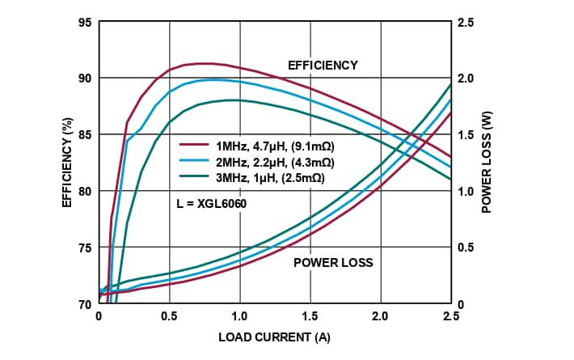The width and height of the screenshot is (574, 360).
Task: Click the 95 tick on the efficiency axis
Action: tap(84, 22)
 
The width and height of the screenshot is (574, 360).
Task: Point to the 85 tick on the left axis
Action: tap(84, 134)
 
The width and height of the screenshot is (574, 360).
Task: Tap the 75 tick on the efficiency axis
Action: tap(84, 248)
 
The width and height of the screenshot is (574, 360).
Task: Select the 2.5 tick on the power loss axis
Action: tap(466, 22)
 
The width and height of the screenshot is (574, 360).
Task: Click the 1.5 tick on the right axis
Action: tap(466, 134)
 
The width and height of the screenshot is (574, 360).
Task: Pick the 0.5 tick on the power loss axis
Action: tap(466, 248)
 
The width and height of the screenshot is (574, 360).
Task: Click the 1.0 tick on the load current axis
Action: tap(239, 316)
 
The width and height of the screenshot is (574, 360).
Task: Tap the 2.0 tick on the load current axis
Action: tap(380, 316)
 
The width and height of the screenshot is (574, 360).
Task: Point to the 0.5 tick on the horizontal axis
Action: tap(169, 316)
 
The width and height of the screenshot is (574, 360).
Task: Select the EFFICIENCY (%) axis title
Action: tap(69, 163)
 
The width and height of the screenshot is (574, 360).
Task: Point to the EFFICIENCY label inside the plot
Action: tap(323, 64)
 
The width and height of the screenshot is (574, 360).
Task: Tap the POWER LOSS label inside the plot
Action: tap(333, 262)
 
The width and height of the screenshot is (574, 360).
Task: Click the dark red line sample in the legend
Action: tap(194, 146)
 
